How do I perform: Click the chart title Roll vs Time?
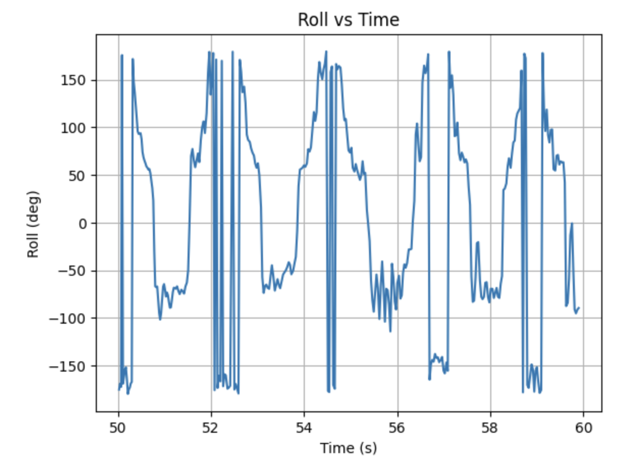click(348, 20)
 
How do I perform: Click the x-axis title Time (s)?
click(348, 448)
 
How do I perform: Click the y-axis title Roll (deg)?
click(34, 224)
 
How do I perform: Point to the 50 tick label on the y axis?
click(80, 176)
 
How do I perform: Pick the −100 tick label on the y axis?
click(72, 319)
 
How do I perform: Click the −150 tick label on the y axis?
click(72, 366)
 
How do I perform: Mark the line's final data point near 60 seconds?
click(579, 308)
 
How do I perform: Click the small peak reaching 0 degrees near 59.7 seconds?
click(572, 224)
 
